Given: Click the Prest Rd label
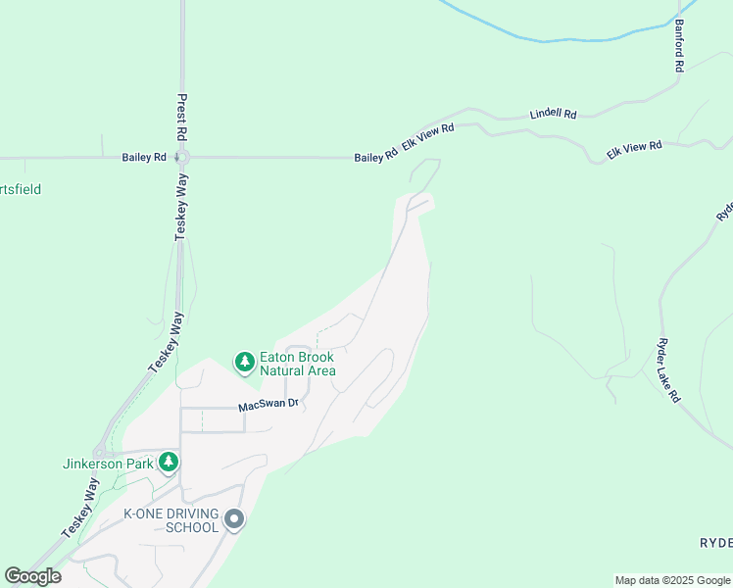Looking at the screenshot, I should [181, 116].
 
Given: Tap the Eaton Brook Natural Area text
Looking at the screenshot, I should [297, 364].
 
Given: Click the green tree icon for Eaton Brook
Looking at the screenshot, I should [244, 363].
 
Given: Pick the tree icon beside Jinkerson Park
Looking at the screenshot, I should [169, 461].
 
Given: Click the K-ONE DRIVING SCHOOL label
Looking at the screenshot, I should [170, 520].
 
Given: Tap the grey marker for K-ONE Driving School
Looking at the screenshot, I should [233, 520].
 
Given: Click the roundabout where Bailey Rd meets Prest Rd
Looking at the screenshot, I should [182, 157].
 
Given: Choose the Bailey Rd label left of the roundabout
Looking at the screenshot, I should [144, 157].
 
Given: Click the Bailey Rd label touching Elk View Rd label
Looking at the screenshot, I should [376, 156].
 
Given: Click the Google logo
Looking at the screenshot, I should [32, 576].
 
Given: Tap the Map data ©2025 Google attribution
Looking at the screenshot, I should [672, 580].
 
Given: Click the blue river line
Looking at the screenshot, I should [549, 39].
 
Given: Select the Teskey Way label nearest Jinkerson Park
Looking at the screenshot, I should [80, 506].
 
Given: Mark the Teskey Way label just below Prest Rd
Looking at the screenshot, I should [181, 209].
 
